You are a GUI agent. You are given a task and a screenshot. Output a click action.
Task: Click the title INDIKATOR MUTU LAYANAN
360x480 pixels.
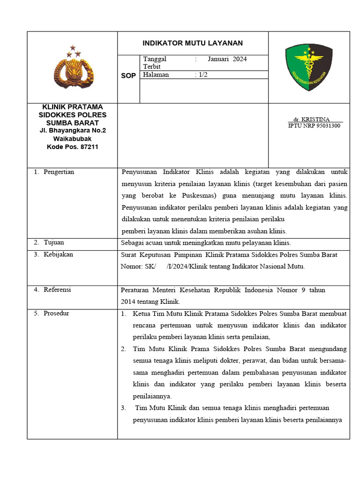[x=193, y=43]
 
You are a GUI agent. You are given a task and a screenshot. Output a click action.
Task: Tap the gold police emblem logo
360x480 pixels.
[x=74, y=69]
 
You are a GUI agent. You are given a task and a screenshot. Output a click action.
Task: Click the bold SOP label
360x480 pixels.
[x=128, y=76]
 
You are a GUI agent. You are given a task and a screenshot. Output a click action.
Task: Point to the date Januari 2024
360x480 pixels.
[x=227, y=59]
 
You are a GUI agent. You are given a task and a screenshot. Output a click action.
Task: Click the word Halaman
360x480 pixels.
[x=156, y=75]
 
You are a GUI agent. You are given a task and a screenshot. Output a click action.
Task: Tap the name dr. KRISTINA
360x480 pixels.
[x=311, y=119]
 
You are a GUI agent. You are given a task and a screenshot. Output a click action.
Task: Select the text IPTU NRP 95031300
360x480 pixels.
[x=314, y=126]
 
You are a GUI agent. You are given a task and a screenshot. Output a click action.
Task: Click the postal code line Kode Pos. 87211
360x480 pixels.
[x=73, y=147]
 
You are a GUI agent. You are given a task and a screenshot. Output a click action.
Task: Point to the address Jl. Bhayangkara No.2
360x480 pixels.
[x=73, y=130]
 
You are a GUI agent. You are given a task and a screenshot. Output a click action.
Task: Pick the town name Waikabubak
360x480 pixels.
[x=73, y=139]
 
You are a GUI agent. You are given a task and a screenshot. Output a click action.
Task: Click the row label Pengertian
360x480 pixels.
[x=59, y=172]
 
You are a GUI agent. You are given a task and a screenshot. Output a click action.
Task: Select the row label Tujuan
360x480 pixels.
[x=53, y=242]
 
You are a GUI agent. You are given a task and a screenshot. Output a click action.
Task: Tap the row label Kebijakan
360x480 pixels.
[x=58, y=254]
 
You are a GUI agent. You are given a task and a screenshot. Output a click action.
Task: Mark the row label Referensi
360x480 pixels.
[x=57, y=290]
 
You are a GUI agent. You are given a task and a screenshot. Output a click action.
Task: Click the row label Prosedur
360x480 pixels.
[x=56, y=313]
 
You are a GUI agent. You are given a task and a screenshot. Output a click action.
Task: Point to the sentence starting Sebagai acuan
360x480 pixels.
[x=206, y=243]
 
